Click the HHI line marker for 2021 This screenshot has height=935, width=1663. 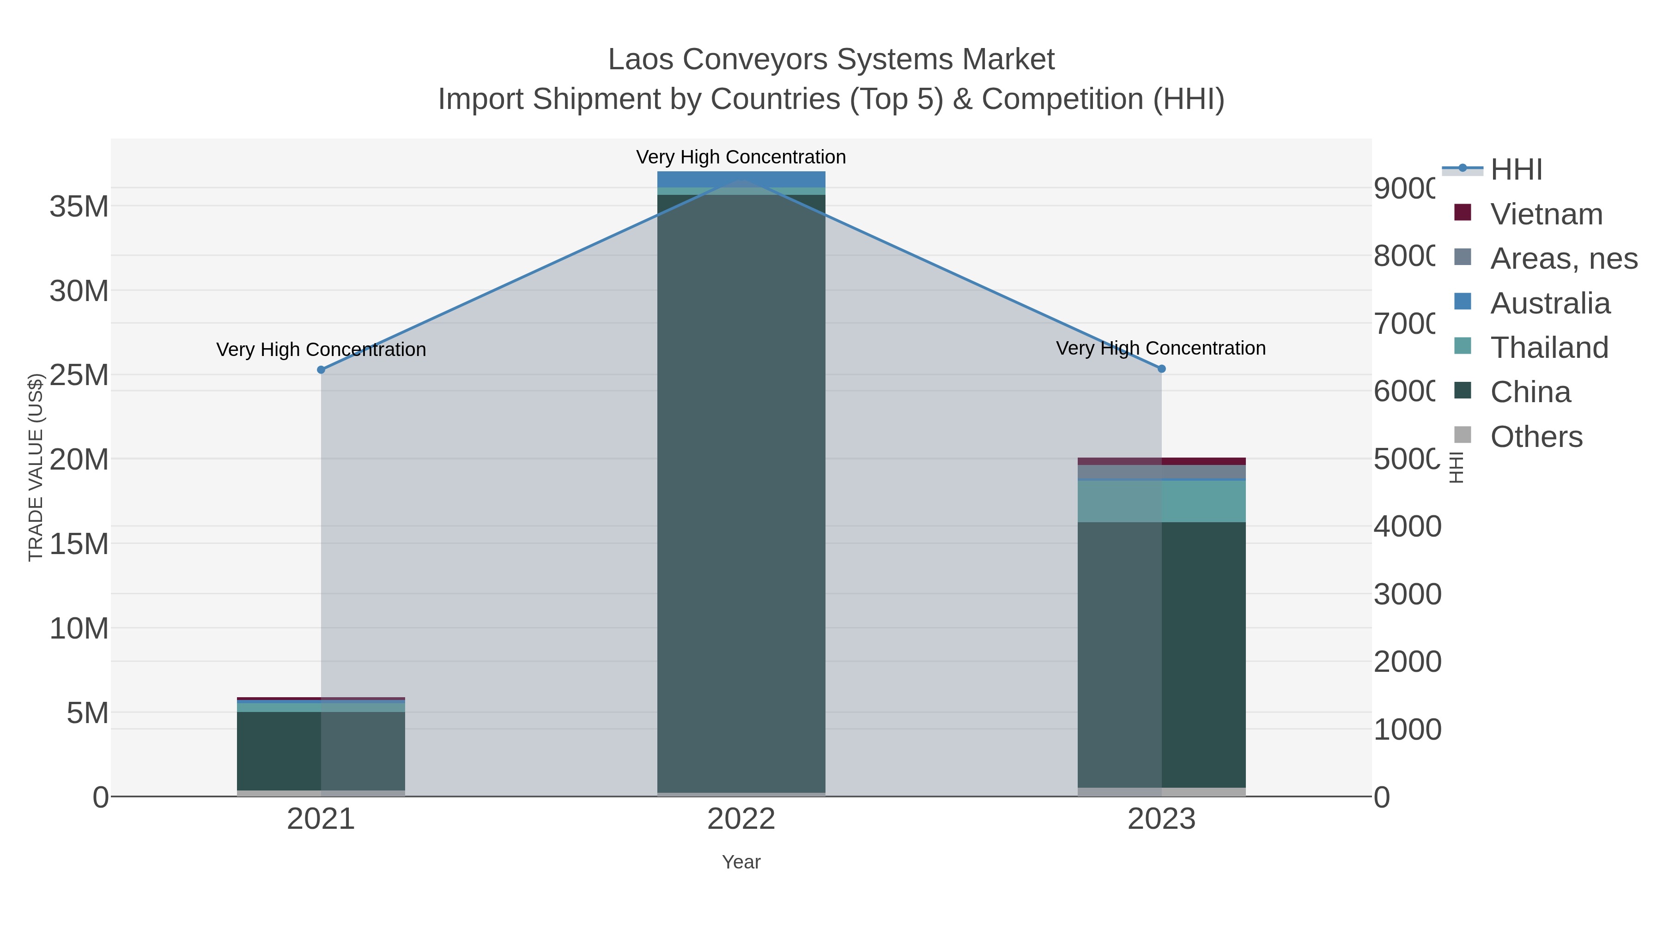tap(321, 370)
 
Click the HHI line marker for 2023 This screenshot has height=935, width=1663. tap(1161, 368)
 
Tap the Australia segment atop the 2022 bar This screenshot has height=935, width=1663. tap(741, 179)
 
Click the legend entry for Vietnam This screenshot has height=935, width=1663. tap(1546, 214)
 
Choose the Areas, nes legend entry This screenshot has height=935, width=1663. tap(1563, 258)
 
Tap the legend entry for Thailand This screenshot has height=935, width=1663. tap(1549, 347)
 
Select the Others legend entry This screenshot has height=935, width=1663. tap(1536, 436)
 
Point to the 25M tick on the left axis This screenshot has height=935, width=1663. tap(79, 375)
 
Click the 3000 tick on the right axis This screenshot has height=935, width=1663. tap(1408, 594)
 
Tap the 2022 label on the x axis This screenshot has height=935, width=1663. tap(741, 819)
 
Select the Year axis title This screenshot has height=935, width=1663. tap(741, 862)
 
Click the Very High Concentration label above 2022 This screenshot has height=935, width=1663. tap(741, 157)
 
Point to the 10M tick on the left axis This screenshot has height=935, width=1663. tap(79, 628)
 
